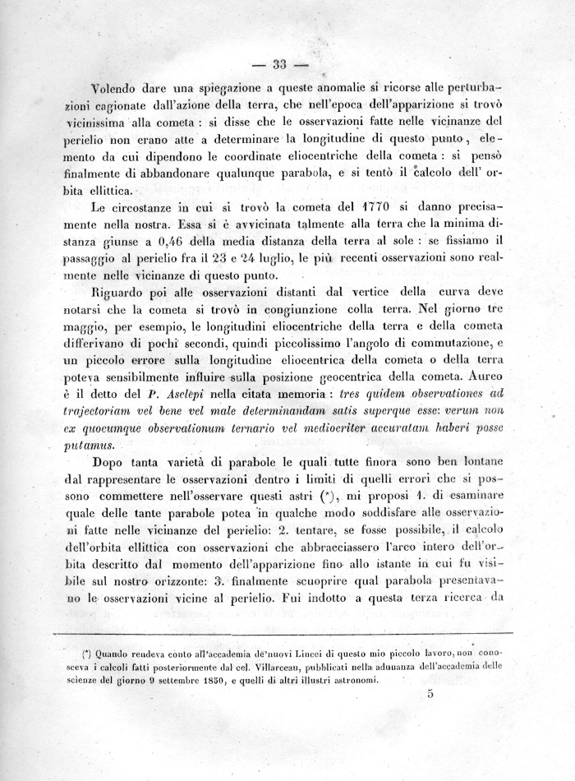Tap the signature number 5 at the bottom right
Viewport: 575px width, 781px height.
[x=430, y=693]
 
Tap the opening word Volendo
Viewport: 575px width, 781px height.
[x=119, y=88]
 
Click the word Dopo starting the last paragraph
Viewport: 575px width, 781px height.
[x=112, y=463]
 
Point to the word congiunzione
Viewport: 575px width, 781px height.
[x=283, y=310]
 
